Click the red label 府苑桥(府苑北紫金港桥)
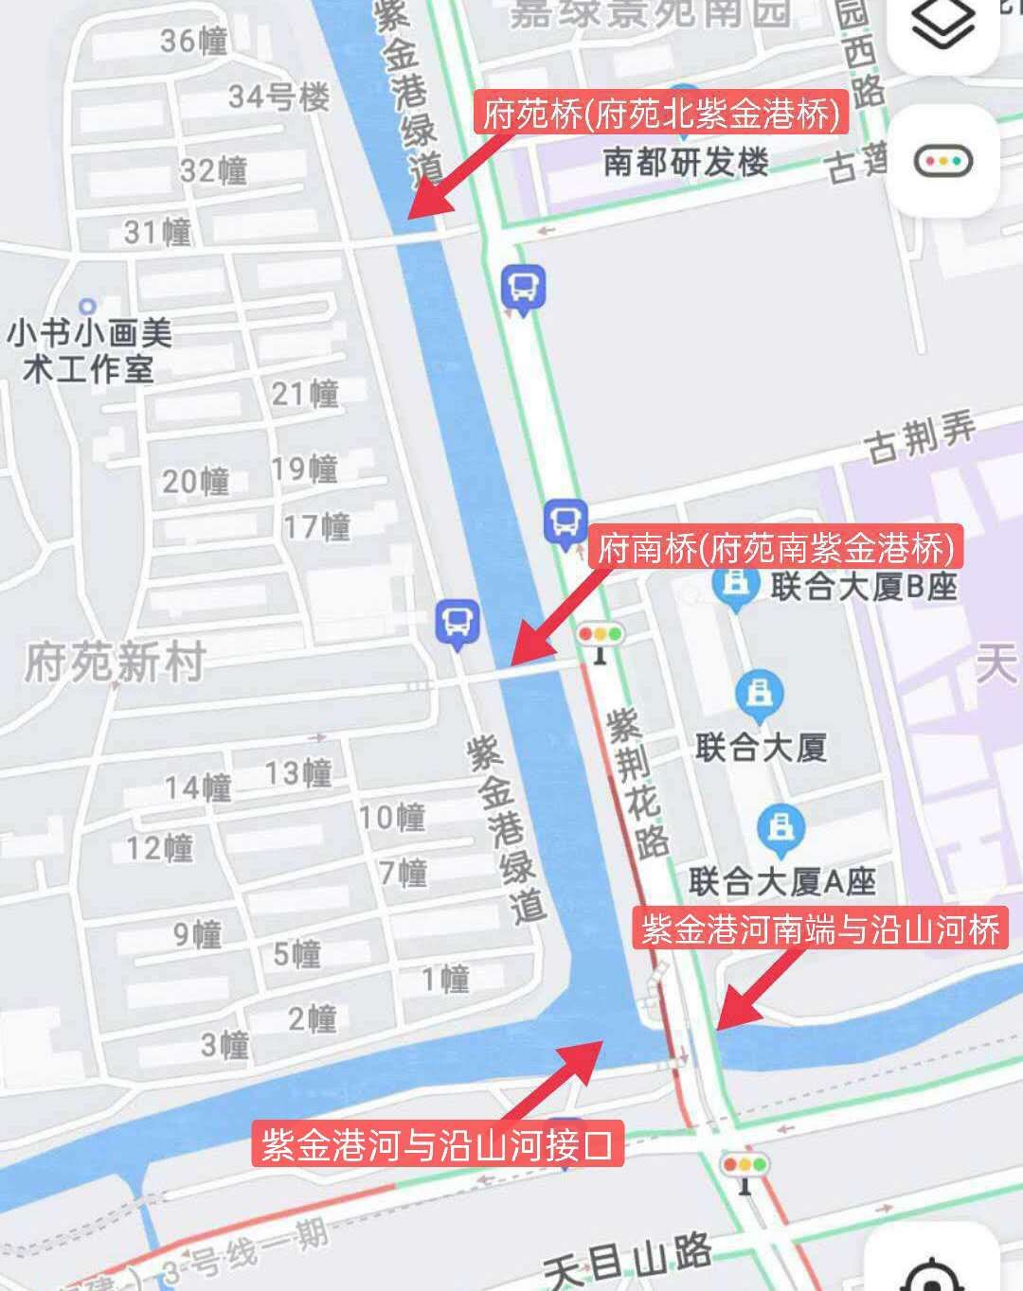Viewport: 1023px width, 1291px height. point(661,115)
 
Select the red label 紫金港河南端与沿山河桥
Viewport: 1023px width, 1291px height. point(820,928)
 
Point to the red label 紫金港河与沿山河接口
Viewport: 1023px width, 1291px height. point(438,1143)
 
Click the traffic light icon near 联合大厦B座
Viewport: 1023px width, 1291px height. point(600,637)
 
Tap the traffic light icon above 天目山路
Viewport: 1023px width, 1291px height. point(745,1167)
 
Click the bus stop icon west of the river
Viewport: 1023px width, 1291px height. point(458,623)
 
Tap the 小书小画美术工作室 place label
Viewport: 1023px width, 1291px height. point(90,350)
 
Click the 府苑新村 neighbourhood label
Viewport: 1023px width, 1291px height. point(115,662)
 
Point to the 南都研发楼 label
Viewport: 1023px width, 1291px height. point(686,162)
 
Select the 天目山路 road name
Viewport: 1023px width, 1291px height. point(628,1260)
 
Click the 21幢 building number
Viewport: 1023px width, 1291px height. point(305,393)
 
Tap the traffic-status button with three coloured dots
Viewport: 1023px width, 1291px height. point(943,161)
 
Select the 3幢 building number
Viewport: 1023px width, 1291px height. point(224,1045)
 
